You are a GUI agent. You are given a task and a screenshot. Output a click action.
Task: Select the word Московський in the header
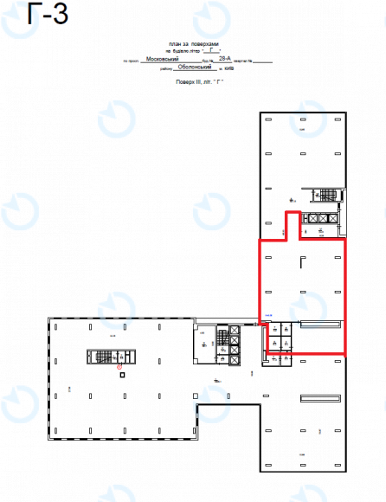(x=164, y=59)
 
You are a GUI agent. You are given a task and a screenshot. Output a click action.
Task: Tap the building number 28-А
(x=225, y=59)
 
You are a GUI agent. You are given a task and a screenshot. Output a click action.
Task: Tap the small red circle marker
(x=119, y=367)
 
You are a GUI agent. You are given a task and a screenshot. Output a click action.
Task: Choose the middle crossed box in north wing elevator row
(x=322, y=218)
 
